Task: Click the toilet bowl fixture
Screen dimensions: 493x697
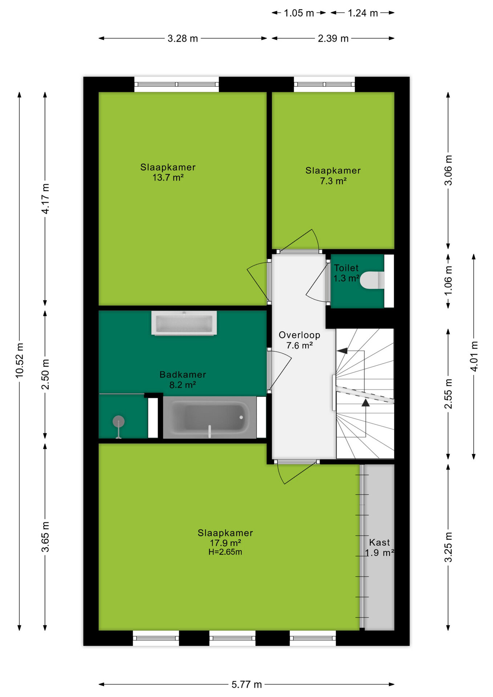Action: [x=372, y=280]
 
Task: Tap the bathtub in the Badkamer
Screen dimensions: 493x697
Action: [x=209, y=417]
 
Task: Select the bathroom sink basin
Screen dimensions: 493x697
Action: [x=184, y=323]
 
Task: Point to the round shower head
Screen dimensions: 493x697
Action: [x=118, y=421]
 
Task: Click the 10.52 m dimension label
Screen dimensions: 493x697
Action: [x=20, y=360]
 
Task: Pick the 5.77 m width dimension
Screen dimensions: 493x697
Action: [x=247, y=684]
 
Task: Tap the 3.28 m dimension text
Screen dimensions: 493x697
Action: [x=183, y=38]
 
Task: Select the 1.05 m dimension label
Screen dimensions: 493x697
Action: [x=299, y=13]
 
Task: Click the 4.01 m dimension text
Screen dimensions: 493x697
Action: [x=474, y=356]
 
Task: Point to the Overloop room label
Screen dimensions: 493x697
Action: [x=300, y=335]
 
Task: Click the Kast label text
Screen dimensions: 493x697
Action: [x=379, y=542]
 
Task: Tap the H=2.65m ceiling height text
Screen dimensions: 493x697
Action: [x=225, y=552]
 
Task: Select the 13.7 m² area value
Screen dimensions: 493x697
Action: [x=168, y=178]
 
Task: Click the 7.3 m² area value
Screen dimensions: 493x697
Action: [x=333, y=181]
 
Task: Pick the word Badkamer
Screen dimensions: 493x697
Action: [x=183, y=375]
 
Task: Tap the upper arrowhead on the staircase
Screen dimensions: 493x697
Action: [x=342, y=351]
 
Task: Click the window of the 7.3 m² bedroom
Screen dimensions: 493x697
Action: [x=324, y=84]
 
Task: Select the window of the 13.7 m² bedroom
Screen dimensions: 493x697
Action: [x=176, y=84]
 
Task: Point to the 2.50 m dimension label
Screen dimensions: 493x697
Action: [x=45, y=374]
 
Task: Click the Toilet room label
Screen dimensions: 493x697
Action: [x=346, y=268]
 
